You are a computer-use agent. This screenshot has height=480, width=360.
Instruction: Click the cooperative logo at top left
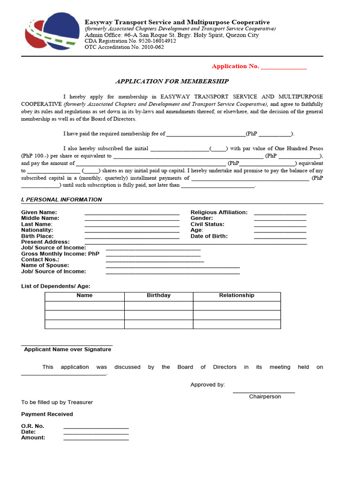tap(52, 32)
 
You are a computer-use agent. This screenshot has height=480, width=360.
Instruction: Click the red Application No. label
tap(235, 67)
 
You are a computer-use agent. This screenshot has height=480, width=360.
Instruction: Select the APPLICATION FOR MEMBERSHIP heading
tap(172, 81)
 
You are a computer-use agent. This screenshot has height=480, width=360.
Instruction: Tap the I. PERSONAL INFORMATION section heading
tap(61, 200)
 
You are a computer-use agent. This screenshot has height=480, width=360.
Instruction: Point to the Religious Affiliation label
tap(219, 212)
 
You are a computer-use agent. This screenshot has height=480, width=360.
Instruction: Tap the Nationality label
tap(37, 230)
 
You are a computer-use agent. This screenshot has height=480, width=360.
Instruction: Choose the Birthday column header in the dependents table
tap(158, 296)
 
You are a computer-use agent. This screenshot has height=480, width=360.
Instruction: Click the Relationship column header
tap(237, 296)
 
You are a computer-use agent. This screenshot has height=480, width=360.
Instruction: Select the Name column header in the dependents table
tap(84, 296)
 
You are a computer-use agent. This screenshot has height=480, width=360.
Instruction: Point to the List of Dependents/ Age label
tap(56, 286)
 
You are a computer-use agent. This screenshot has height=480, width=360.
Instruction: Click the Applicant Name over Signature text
tap(67, 350)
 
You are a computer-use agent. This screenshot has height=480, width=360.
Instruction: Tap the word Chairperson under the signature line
tap(265, 397)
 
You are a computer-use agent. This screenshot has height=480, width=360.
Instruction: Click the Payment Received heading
tap(47, 414)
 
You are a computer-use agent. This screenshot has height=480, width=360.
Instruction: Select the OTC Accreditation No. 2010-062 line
tap(124, 47)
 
